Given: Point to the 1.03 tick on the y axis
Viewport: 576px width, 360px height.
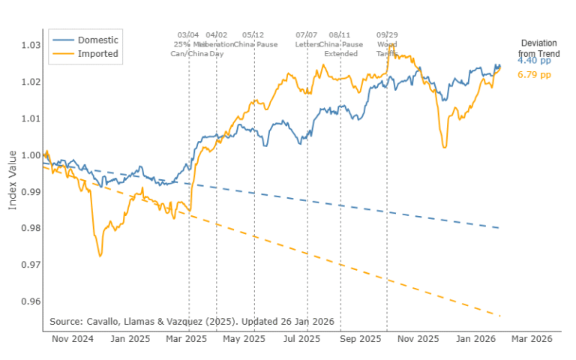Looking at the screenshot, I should [28, 45].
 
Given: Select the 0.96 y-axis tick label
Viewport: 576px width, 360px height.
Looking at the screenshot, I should [28, 301].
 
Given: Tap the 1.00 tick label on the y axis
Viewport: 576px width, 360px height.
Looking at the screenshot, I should [28, 155].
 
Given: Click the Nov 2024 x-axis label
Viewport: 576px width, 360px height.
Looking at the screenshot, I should [72, 339].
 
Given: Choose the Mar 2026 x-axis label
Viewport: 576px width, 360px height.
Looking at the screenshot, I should [531, 339].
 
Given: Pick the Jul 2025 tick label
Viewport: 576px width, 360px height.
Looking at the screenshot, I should [301, 339].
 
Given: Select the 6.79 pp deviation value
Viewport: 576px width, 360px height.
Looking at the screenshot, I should [534, 76].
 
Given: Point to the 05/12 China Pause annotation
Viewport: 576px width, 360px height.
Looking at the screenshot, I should [254, 40].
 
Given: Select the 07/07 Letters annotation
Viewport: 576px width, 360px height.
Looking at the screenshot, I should [307, 40].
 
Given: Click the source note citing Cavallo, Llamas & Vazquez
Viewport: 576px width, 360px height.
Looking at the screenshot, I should [191, 321].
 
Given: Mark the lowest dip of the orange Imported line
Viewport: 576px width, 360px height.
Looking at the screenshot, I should [100, 256].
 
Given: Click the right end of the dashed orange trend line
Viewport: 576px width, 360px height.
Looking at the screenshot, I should [499, 316].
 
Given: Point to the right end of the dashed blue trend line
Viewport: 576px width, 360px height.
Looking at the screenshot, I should [499, 228].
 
